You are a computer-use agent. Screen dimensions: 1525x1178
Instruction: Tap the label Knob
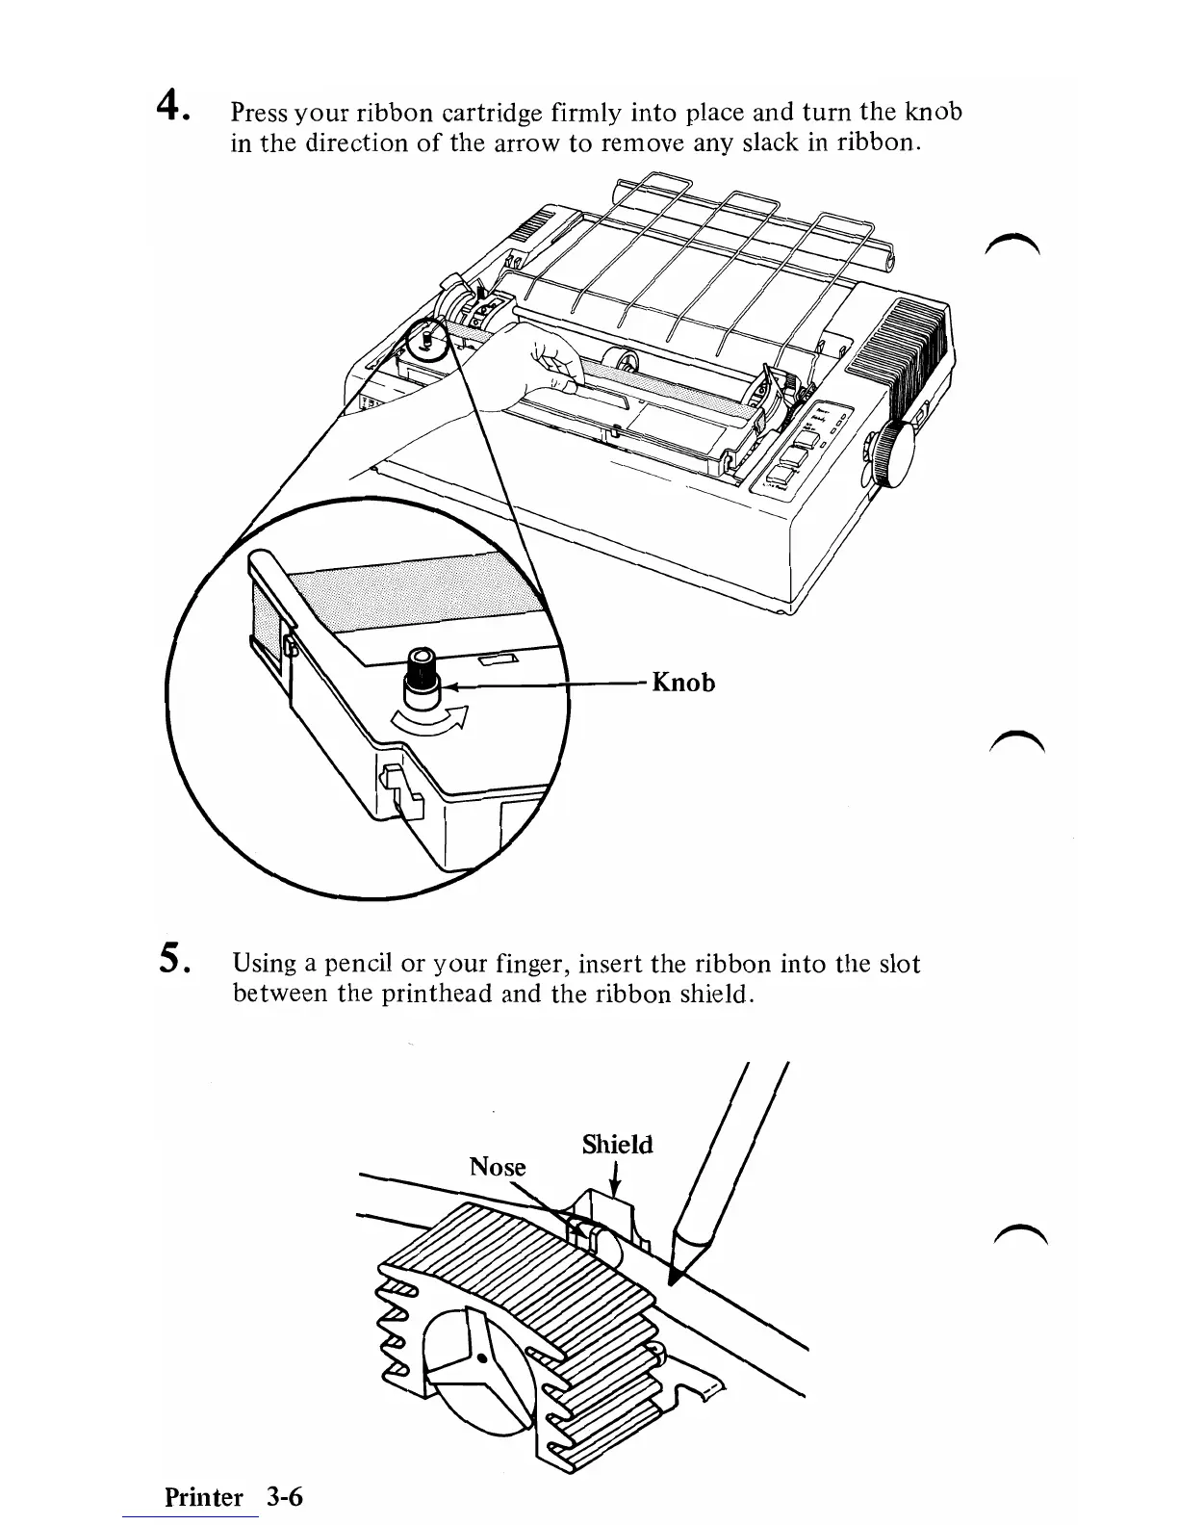click(x=683, y=683)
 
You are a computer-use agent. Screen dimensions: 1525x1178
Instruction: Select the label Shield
click(x=617, y=1145)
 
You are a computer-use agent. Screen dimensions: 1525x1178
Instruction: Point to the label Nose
click(x=498, y=1167)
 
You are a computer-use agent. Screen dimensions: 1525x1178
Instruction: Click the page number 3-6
click(x=285, y=1497)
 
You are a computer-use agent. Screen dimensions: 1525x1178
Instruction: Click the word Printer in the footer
click(x=204, y=1497)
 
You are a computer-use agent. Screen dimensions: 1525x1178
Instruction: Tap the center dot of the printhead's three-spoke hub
click(x=481, y=1360)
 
